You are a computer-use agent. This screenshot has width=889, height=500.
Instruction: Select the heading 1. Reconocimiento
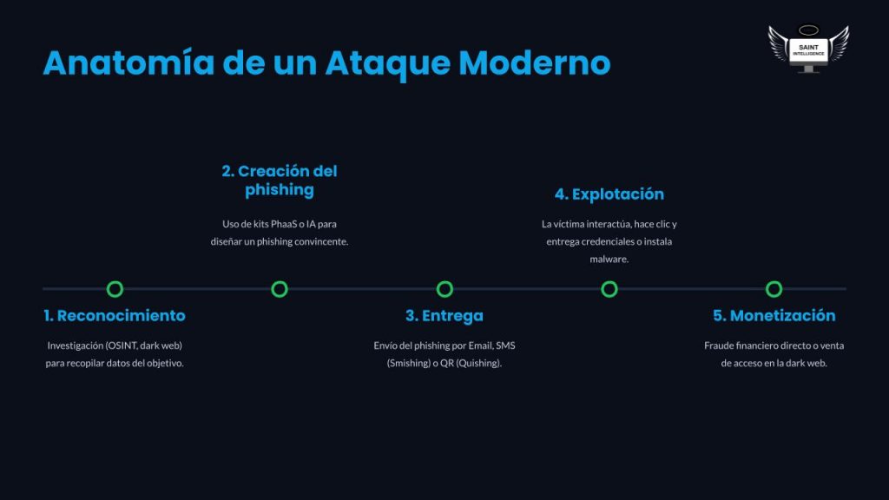point(115,316)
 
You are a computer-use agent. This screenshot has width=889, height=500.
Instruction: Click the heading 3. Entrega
point(444,316)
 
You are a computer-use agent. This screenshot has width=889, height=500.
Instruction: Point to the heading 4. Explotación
point(609,194)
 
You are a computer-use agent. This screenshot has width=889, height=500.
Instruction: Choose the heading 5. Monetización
point(774,316)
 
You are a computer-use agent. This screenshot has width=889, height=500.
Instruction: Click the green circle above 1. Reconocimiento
point(115,289)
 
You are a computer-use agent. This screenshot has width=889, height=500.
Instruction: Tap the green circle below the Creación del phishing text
point(280,289)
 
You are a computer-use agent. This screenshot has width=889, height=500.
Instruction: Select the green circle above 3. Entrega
point(444,289)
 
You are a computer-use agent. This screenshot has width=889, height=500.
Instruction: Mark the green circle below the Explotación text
point(609,289)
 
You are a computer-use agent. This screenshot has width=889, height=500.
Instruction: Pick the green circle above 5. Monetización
point(774,289)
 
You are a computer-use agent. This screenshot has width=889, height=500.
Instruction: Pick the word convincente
point(319,241)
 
